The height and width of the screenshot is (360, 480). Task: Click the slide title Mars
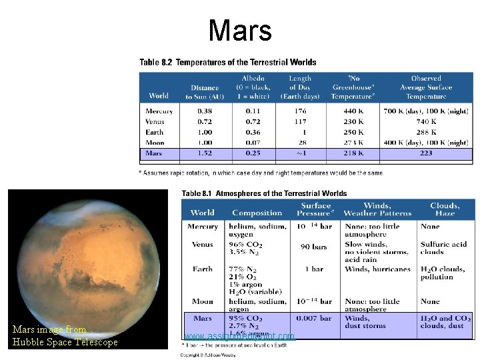(239, 31)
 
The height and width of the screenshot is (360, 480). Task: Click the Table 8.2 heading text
(227, 63)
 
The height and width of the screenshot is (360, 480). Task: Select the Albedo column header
(253, 87)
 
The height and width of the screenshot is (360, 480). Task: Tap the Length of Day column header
(300, 87)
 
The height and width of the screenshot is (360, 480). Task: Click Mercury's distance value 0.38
(204, 111)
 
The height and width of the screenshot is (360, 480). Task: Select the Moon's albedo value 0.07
(253, 143)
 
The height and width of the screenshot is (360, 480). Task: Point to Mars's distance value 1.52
(204, 153)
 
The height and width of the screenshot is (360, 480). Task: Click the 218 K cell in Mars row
(352, 153)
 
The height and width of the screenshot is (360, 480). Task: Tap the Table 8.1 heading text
(264, 193)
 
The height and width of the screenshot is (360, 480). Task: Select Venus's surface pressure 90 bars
(313, 247)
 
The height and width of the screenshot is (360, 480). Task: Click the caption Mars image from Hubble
(64, 336)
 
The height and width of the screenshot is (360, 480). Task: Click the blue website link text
(239, 337)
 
